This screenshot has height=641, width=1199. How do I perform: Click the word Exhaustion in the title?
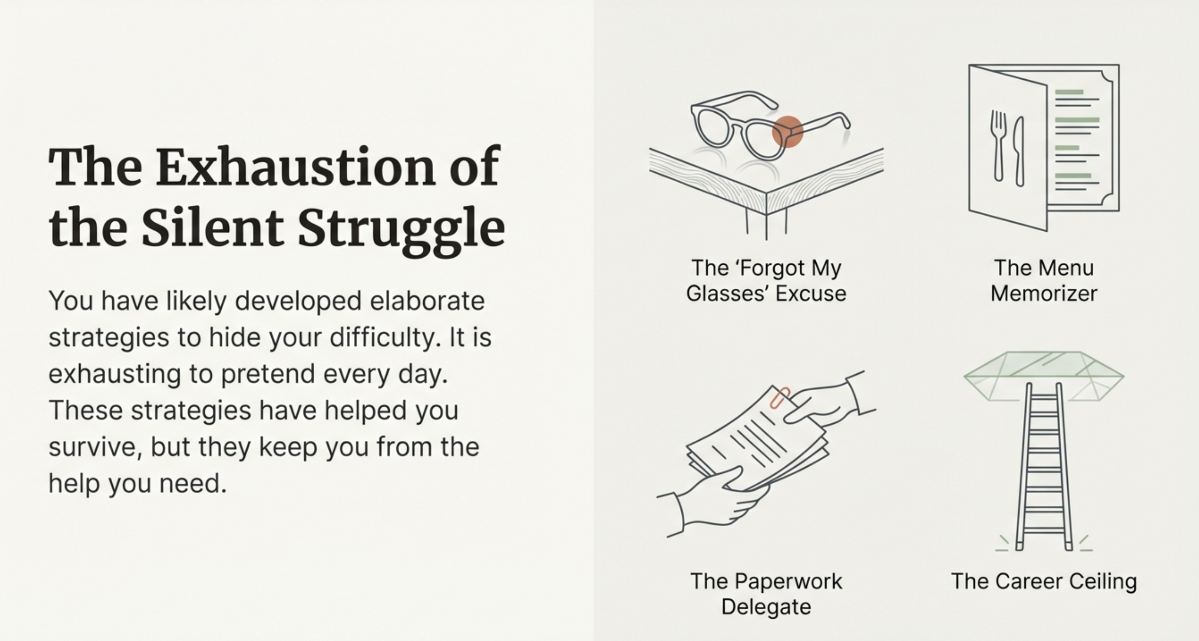click(295, 166)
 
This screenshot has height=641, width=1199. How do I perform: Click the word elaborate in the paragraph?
click(427, 300)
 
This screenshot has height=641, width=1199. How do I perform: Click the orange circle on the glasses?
click(787, 132)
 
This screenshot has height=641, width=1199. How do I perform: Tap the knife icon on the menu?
click(1019, 151)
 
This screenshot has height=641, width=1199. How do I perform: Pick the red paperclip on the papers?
click(780, 398)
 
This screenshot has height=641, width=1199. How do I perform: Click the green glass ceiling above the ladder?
click(1044, 375)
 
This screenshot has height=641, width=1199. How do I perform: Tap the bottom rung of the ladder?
click(1044, 531)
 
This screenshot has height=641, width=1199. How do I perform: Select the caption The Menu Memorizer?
click(1044, 281)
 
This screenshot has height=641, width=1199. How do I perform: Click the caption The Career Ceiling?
click(1044, 582)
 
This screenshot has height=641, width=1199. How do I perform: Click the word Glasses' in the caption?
click(726, 294)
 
